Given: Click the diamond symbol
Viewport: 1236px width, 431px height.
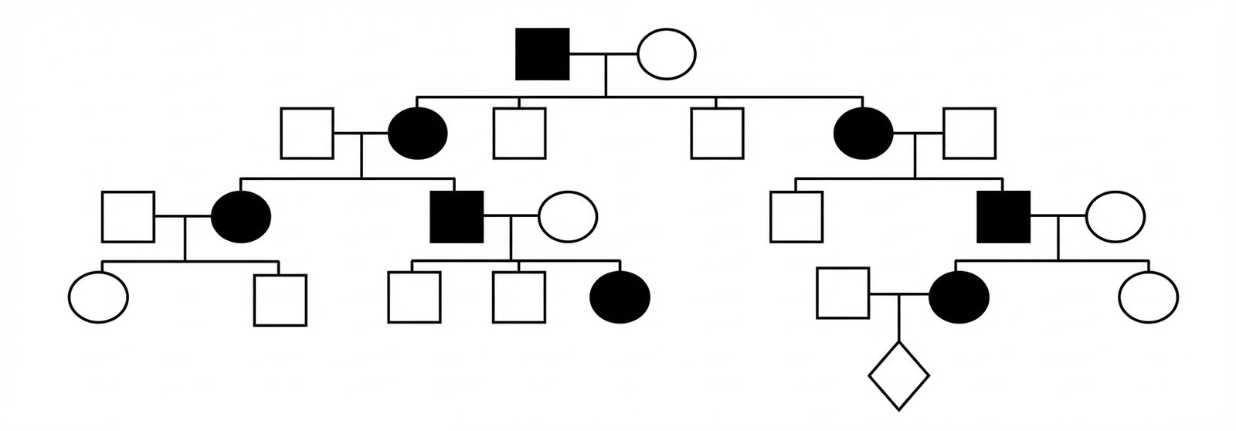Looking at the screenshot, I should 898,375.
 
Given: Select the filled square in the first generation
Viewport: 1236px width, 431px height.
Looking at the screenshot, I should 542,54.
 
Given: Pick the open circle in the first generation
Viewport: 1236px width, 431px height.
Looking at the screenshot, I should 666,54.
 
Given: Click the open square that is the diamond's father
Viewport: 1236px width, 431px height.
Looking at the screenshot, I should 844,294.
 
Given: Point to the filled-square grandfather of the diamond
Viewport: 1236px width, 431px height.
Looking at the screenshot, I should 1003,216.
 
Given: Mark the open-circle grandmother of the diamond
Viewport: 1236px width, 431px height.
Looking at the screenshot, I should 1115,216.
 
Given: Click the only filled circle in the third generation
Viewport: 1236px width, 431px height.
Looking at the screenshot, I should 241,216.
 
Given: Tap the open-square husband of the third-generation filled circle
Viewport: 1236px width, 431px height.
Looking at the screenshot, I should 128,216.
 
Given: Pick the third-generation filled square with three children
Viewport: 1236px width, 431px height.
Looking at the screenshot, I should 457,216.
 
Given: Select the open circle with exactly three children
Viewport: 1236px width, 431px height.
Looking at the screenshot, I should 568,216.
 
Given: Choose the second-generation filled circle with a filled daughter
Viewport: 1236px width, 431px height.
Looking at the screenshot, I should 418,134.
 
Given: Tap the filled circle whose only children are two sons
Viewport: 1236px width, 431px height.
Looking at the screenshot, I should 864,134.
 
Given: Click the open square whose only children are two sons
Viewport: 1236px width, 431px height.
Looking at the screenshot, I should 969,134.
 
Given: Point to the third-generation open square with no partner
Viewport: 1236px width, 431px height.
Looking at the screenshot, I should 796,216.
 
